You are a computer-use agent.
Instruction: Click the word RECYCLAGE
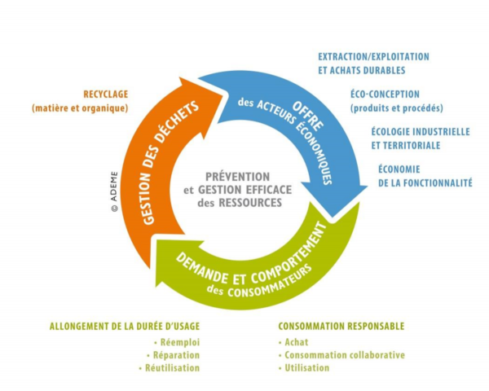(x=106, y=94)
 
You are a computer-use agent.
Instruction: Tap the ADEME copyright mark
(x=114, y=191)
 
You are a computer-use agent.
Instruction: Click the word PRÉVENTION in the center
(x=238, y=177)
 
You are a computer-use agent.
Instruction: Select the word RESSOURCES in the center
(x=250, y=203)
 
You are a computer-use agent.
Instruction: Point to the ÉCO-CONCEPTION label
(x=385, y=94)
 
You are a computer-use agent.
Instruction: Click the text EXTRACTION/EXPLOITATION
(x=373, y=57)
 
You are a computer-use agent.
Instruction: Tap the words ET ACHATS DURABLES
(x=362, y=70)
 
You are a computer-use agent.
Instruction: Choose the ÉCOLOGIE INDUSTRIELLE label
(x=421, y=132)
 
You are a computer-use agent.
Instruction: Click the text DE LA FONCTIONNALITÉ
(x=425, y=182)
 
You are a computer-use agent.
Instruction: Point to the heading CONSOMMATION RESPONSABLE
(x=341, y=326)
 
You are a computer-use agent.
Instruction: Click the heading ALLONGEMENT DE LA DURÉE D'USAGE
(x=125, y=326)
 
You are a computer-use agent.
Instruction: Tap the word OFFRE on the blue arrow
(x=307, y=116)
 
